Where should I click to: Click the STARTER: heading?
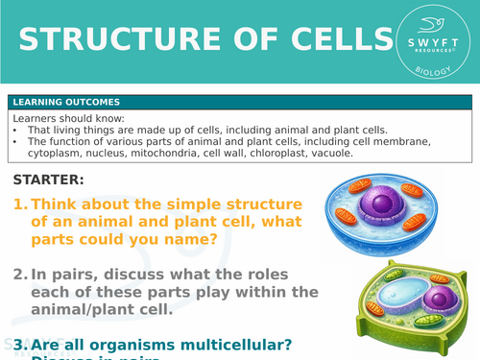pyautogui.click(x=49, y=180)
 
